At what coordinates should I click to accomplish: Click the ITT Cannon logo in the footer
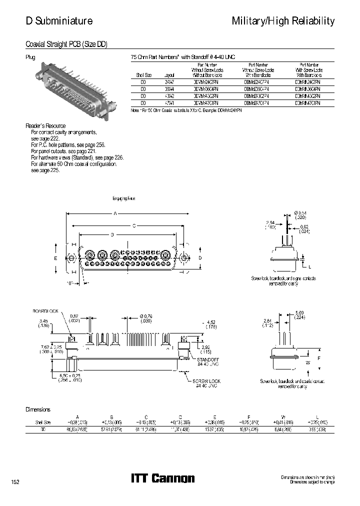pos(162,478)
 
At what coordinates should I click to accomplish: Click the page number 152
pos(15,481)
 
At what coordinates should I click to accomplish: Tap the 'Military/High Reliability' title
pos(283,21)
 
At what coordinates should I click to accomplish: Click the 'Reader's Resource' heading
pos(45,125)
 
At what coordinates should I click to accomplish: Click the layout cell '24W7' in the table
pos(169,81)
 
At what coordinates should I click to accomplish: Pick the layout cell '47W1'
pos(169,102)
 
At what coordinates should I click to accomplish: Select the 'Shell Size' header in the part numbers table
pos(143,74)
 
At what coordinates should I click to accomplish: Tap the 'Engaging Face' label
pos(124,198)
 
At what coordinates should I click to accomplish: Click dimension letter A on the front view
pos(115,213)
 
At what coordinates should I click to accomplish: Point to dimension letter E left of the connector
pos(56,257)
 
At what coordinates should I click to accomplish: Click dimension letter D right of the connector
pos(199,257)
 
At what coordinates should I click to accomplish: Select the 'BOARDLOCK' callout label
pos(46,311)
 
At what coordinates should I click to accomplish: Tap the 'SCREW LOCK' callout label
pos(206,381)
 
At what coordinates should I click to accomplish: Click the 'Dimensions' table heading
pos(38,409)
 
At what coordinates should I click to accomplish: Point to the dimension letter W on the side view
pos(307,362)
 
